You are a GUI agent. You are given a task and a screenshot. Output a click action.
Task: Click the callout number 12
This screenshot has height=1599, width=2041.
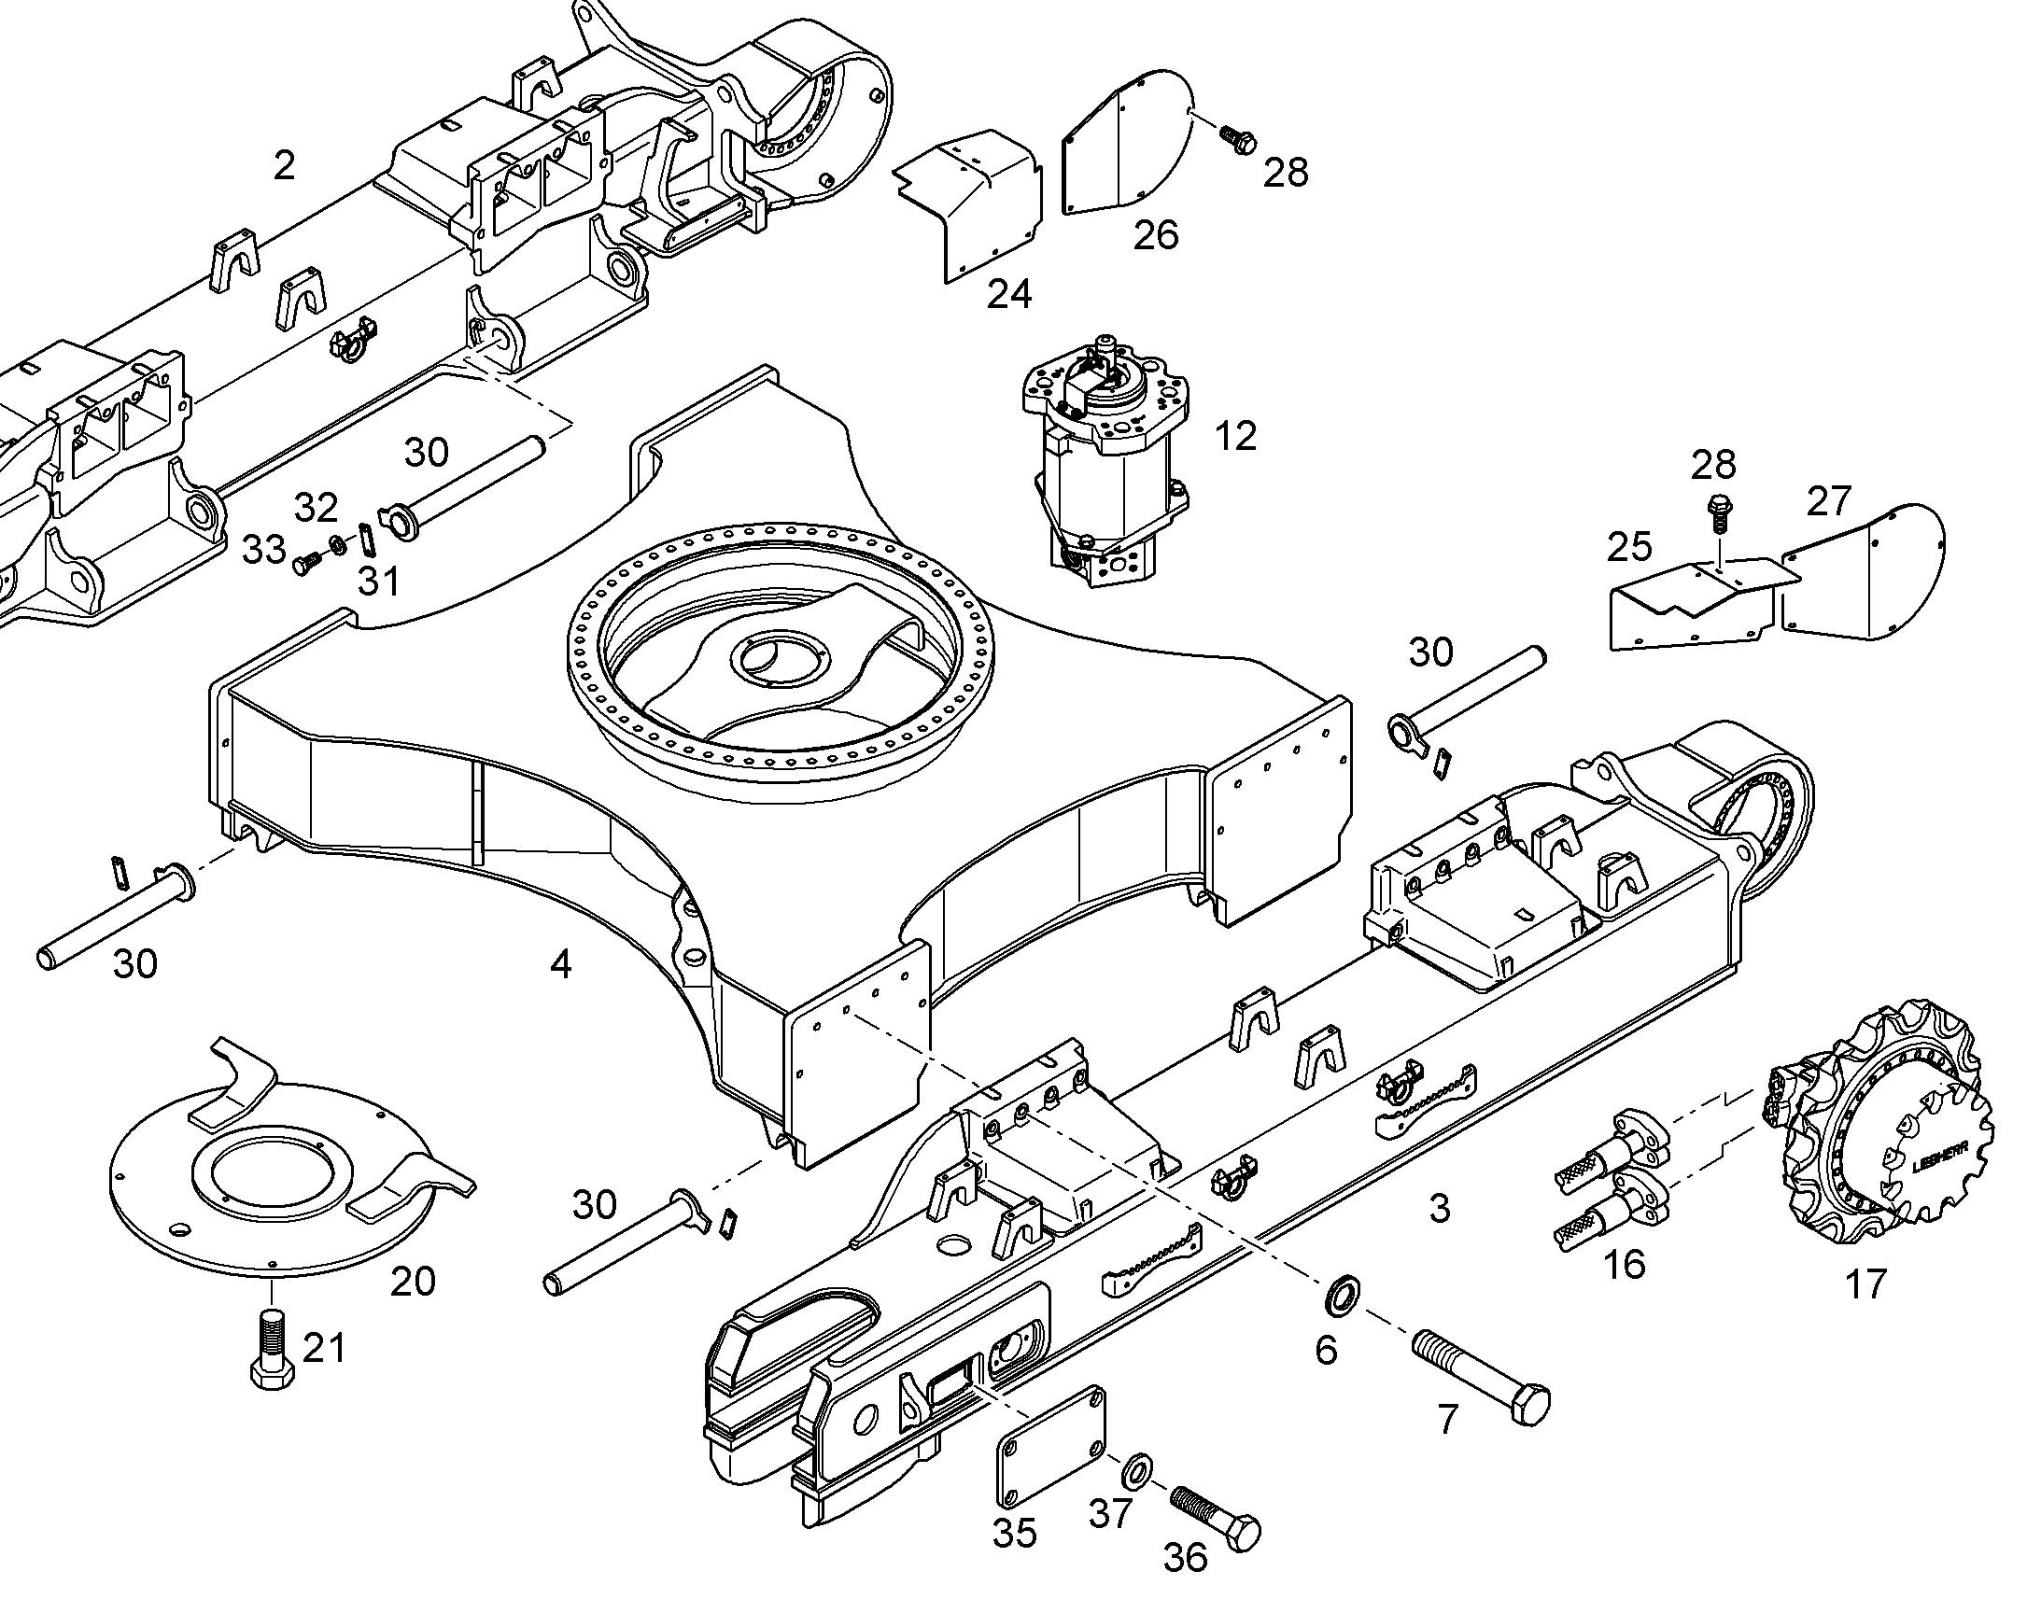point(1235,436)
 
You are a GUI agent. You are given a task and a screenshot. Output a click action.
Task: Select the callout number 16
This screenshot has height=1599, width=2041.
point(1625,1264)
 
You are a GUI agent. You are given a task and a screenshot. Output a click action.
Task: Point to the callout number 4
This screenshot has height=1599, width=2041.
point(561,963)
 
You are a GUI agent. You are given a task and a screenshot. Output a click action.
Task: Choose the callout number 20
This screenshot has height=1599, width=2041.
point(413,1281)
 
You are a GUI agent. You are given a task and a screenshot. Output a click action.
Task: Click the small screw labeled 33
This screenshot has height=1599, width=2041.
point(307,563)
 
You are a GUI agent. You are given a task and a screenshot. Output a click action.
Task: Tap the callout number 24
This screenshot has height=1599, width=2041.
point(1009,294)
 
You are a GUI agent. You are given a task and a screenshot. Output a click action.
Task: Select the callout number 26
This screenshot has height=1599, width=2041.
point(1155,235)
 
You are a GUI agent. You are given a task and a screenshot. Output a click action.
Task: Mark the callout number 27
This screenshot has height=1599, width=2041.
point(1828,502)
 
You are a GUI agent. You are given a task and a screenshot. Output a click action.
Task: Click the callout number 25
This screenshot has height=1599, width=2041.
point(1629,547)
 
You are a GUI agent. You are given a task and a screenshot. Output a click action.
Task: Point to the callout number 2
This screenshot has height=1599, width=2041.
point(285,166)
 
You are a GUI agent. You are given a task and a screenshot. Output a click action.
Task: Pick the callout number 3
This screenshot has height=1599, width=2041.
point(1440,1209)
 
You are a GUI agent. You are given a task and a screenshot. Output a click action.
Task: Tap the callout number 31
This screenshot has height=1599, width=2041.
point(379,582)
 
